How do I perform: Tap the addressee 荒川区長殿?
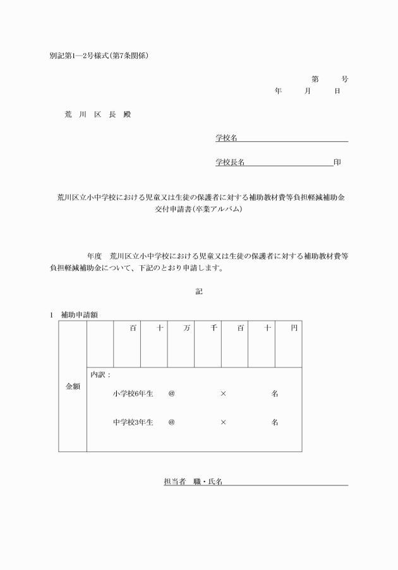click(97, 115)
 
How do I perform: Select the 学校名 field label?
click(226, 138)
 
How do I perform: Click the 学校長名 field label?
click(230, 162)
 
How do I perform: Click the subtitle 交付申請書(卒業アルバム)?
click(198, 209)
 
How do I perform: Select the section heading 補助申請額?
click(78, 314)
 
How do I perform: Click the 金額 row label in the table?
click(73, 386)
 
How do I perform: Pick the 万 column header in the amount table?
click(187, 328)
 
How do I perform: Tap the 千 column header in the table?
click(214, 328)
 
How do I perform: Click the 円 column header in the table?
click(294, 328)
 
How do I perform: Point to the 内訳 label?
click(101, 374)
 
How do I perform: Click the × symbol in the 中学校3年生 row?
click(223, 422)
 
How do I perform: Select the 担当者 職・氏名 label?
click(193, 482)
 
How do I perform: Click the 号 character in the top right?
click(344, 80)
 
